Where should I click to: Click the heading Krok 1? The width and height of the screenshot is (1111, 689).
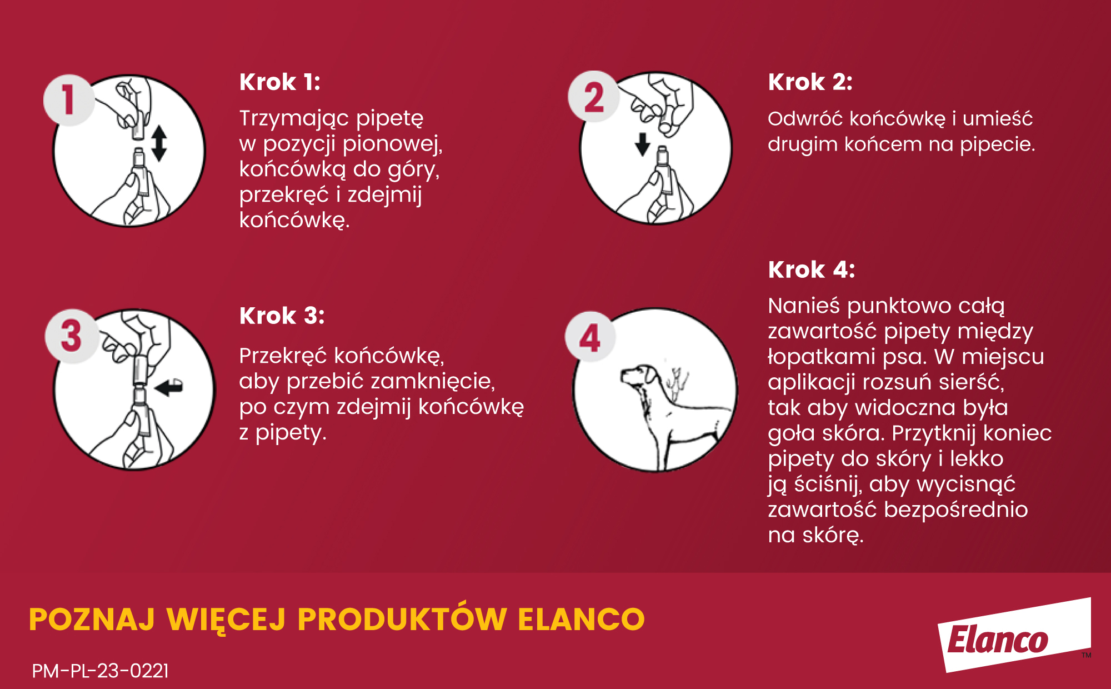[x=280, y=82]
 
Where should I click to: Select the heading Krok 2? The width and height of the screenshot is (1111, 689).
[x=810, y=82]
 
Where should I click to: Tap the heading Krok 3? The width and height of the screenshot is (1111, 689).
[x=282, y=316]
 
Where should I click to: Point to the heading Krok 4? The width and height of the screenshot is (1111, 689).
[x=812, y=270]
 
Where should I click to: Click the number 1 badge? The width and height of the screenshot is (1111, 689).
[x=69, y=100]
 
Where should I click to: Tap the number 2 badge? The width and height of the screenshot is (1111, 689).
[x=594, y=97]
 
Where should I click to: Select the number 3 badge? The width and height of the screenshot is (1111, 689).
[x=72, y=336]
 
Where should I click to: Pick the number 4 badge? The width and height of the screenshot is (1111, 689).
[x=590, y=337]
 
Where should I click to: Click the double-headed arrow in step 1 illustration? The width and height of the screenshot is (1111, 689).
[x=159, y=143]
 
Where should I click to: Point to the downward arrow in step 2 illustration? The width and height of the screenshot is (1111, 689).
[x=643, y=144]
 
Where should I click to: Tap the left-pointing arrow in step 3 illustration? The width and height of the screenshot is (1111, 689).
[x=169, y=387]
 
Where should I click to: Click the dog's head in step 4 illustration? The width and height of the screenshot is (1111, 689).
[x=639, y=378]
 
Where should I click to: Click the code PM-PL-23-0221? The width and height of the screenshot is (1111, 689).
[x=100, y=671]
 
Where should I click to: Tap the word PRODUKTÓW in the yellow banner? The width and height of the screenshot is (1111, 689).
[x=402, y=619]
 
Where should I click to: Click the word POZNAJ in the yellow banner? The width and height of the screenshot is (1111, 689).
[x=92, y=620]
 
